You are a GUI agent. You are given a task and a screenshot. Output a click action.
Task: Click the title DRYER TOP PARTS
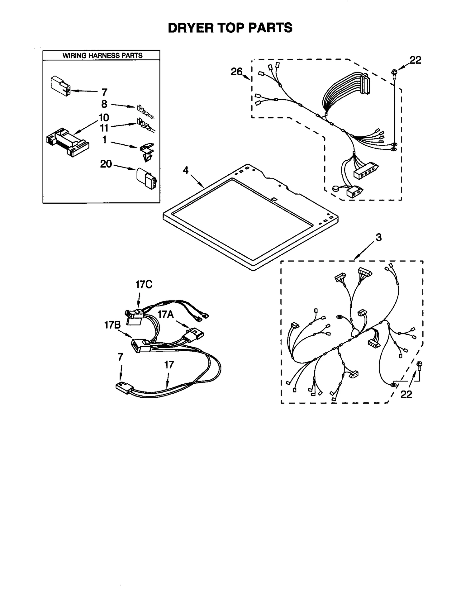click(230, 28)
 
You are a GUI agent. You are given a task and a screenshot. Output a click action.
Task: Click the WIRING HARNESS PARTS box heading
click(102, 55)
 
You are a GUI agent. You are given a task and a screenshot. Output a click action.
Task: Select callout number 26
click(236, 72)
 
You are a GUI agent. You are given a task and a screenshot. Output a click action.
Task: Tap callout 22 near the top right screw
click(415, 60)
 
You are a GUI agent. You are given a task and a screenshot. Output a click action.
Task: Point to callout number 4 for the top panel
click(186, 170)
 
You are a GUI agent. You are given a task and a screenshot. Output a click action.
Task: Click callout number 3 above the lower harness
click(378, 237)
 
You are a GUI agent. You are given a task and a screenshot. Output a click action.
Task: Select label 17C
click(144, 284)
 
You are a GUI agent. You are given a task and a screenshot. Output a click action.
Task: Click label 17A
click(166, 314)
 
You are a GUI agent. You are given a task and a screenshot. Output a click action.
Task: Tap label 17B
click(112, 325)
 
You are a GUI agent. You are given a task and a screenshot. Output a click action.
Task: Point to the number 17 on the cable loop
click(169, 365)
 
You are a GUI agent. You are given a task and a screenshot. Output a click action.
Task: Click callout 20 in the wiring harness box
click(106, 164)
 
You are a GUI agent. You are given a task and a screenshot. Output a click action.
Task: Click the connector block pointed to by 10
click(67, 142)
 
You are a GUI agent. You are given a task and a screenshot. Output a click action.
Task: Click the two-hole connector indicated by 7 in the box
click(60, 86)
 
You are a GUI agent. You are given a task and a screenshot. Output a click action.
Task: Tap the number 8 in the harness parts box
click(104, 104)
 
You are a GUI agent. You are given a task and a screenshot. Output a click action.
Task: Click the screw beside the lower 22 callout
click(419, 365)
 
